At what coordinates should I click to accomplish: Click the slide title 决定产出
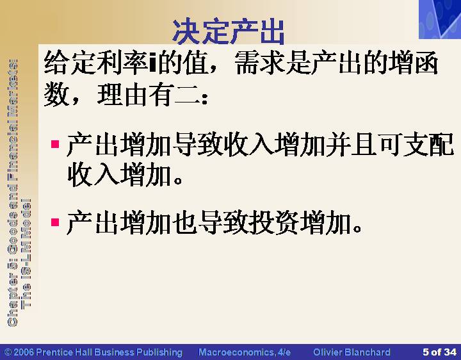[229, 32]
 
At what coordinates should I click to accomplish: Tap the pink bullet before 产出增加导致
[55, 144]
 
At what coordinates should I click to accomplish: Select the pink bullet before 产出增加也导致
[55, 222]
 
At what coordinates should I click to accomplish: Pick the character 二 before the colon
[187, 95]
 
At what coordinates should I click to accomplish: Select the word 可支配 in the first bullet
[416, 144]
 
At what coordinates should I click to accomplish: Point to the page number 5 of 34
[439, 352]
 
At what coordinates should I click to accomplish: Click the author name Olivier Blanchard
[352, 352]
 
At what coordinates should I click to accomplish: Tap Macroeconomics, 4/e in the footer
[245, 352]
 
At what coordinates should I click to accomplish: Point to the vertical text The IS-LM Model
[26, 254]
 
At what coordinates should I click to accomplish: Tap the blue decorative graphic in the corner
[440, 19]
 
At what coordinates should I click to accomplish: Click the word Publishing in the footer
[159, 352]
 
